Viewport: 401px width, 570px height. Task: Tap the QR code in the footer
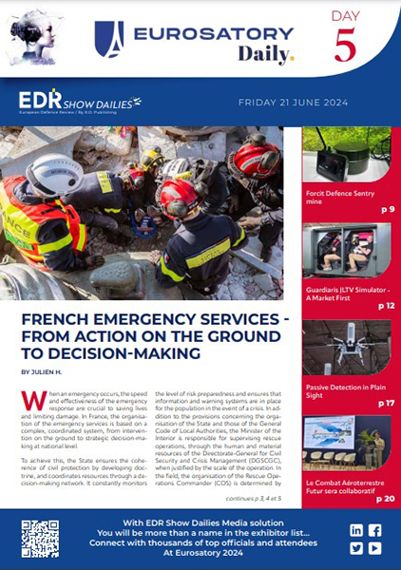[41, 538]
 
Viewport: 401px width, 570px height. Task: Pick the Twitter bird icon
[355, 548]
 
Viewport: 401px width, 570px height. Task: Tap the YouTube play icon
[374, 548]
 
